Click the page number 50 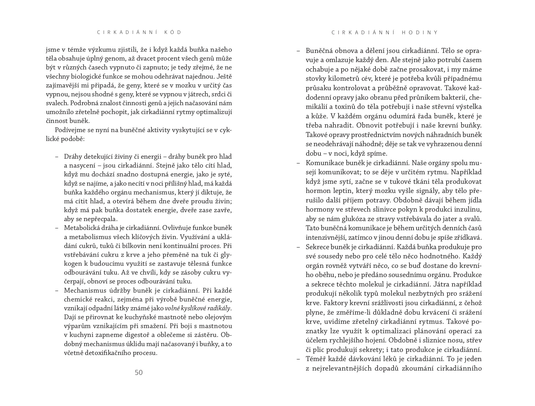pyautogui.click(x=139, y=372)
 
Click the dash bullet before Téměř pyautogui.click(x=298, y=359)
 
